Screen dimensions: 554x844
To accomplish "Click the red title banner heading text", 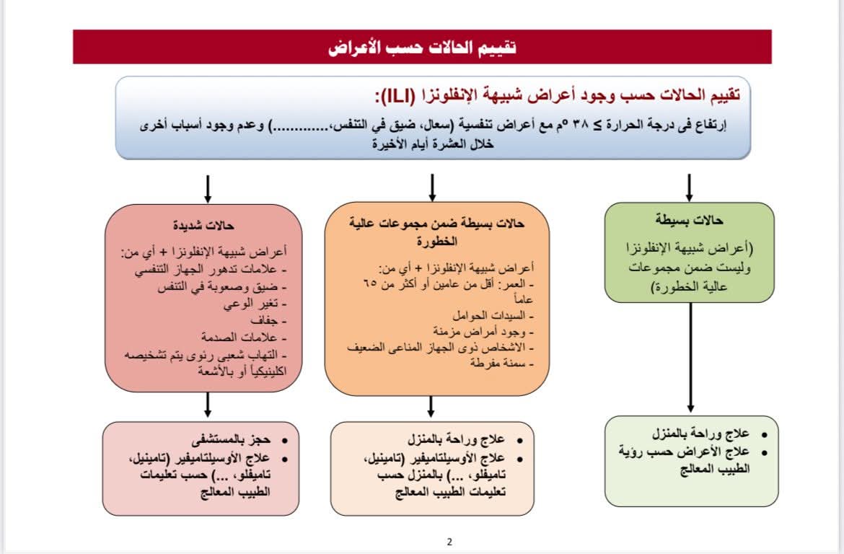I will click(422, 48).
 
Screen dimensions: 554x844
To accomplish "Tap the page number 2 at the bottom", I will click(449, 542).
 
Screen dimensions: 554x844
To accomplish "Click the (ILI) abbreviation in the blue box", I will click(395, 96).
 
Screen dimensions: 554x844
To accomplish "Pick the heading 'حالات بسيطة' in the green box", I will click(690, 221).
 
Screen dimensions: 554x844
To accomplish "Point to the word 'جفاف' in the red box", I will click(273, 320).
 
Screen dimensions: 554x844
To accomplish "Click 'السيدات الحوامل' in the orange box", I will click(493, 316).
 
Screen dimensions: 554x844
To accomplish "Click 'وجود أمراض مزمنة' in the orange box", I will click(484, 332).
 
